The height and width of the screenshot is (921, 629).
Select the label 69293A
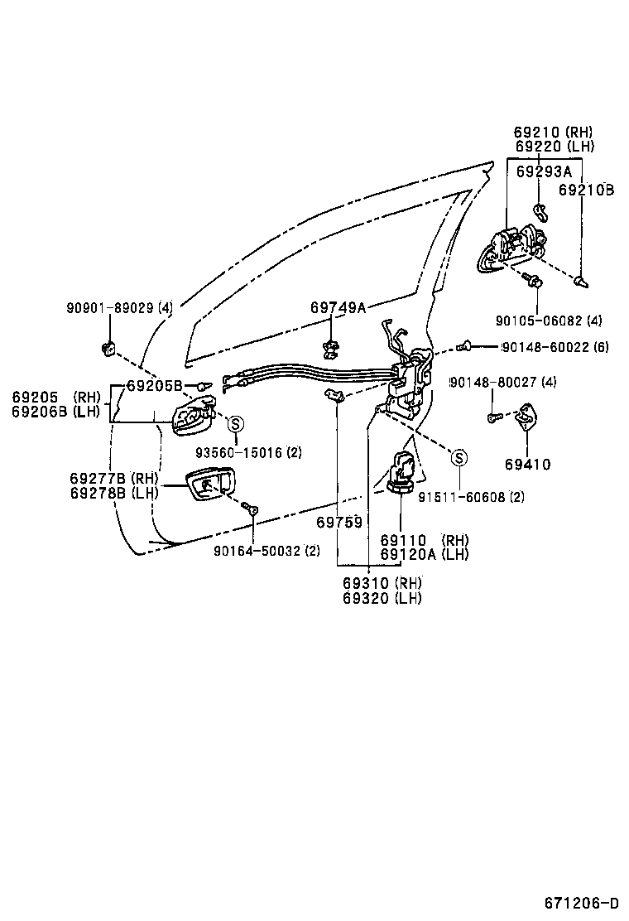pyautogui.click(x=544, y=171)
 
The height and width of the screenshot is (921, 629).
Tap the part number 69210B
pyautogui.click(x=586, y=190)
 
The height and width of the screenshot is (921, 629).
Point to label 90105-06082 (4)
pyautogui.click(x=549, y=321)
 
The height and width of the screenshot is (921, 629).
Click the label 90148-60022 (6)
pyautogui.click(x=554, y=347)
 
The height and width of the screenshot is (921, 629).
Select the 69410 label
pyautogui.click(x=527, y=465)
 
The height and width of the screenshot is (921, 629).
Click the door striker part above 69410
pyautogui.click(x=526, y=417)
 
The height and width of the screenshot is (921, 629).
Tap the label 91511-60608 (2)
pyautogui.click(x=471, y=497)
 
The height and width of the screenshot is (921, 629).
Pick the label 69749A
pyautogui.click(x=338, y=307)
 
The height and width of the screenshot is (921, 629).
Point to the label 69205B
pyautogui.click(x=154, y=386)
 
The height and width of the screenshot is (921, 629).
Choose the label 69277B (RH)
pyautogui.click(x=113, y=479)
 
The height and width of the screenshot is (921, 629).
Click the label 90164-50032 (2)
pyautogui.click(x=266, y=550)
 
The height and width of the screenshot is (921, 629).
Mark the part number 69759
pyautogui.click(x=339, y=523)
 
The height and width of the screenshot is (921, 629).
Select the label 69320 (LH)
pyautogui.click(x=382, y=598)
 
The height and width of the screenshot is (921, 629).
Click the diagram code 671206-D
pyautogui.click(x=581, y=902)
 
